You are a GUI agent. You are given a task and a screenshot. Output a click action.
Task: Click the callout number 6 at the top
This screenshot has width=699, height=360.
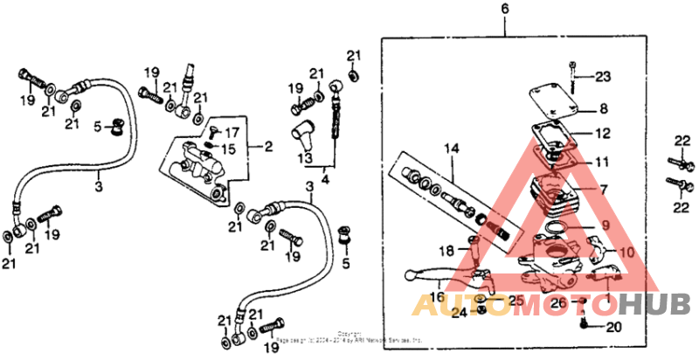click(x=504, y=10)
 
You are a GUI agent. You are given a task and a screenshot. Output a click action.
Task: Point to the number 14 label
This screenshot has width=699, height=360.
click(x=450, y=149)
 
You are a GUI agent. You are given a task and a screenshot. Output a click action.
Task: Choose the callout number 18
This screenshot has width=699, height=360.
click(x=447, y=251)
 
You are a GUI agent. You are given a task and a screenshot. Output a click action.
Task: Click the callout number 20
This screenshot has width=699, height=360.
click(x=612, y=328)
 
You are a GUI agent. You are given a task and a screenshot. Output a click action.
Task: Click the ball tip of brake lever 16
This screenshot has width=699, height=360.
click(x=409, y=277)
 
